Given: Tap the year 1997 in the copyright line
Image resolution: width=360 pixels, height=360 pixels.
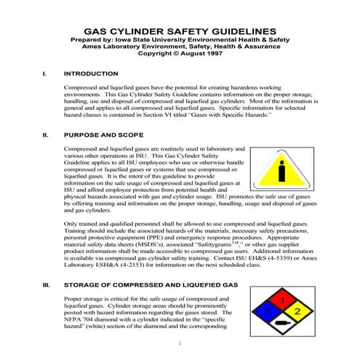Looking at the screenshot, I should pos(211,53).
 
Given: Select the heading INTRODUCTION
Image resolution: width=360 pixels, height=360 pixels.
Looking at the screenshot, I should pos(91,73).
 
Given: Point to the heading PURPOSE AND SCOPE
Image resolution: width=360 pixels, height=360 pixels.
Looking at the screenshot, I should pos(104,135).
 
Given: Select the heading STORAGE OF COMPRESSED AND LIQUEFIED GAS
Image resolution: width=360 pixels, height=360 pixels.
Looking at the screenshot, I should pos(151,285).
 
